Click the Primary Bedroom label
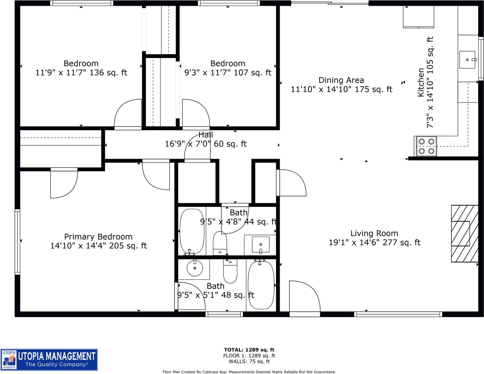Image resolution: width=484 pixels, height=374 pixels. tap(98, 237)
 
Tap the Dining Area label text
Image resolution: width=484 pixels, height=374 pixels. tap(341, 80)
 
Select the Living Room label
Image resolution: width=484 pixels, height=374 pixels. tap(374, 233)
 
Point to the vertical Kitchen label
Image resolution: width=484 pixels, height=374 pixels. tap(421, 82)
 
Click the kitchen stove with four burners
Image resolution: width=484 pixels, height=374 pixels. tap(426, 146)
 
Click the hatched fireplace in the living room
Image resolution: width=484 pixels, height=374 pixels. tap(465, 234)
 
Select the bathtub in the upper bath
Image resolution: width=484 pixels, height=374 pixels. tap(192, 231)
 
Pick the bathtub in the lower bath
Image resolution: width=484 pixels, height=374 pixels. tap(261, 285)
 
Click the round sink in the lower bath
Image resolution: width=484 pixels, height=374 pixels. tap(195, 268)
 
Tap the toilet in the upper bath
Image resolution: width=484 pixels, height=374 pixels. tap(220, 243)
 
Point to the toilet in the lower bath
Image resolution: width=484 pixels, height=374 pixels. tap(230, 271)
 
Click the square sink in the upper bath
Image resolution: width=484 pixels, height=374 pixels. tap(260, 245)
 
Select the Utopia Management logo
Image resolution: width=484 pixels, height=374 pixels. tap(49, 360)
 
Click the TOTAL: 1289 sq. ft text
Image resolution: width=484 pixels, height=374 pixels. tap(249, 350)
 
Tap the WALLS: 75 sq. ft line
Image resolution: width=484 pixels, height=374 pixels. tap(249, 361)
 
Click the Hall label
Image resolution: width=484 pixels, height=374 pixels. tap(205, 135)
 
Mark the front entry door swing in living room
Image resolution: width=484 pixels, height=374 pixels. tap(304, 296)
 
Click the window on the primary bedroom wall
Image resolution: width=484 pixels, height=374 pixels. tap(17, 242)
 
